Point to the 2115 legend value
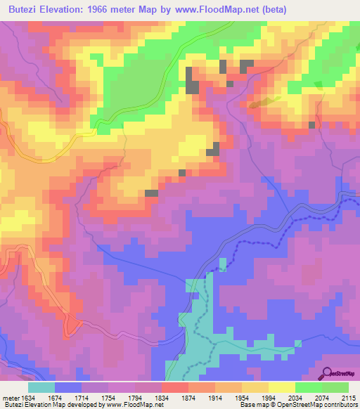pos(349,397)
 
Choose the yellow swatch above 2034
pos(281,387)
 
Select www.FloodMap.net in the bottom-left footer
pos(137,405)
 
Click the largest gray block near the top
pos(192,80)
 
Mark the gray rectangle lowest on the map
pos(151,193)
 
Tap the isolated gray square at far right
pos(311,124)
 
